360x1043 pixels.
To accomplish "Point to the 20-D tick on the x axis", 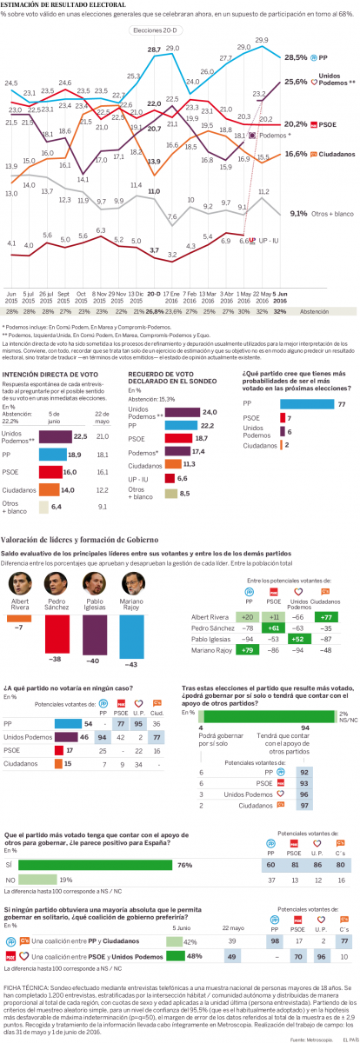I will click(154, 269).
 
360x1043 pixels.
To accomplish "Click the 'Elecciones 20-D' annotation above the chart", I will click(154, 30).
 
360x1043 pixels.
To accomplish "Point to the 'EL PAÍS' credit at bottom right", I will click(344, 1038).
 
